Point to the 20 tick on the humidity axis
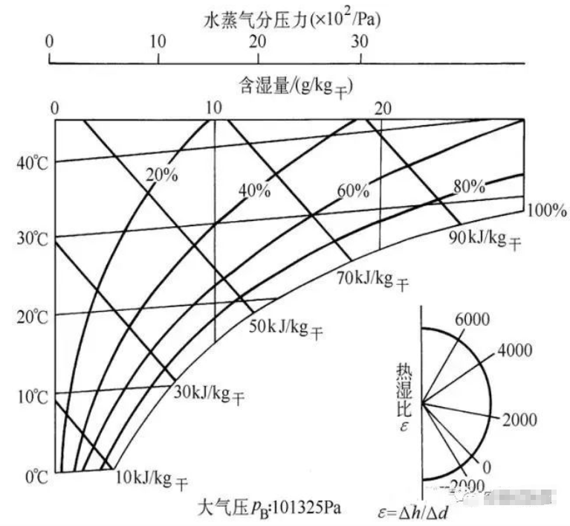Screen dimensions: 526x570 click(x=384, y=108)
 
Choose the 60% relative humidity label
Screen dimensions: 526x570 click(x=353, y=191)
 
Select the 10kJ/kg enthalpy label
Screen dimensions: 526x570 click(x=152, y=476)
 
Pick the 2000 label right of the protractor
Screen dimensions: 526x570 click(x=519, y=420)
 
